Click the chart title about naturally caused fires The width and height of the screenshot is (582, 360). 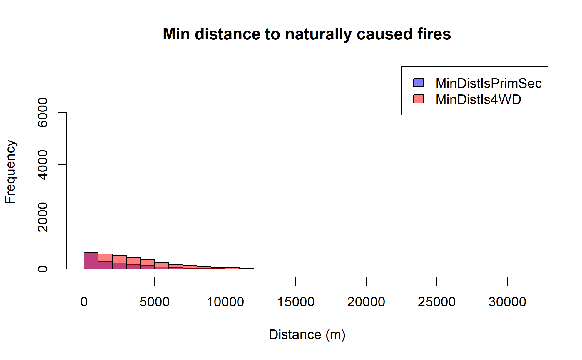pyautogui.click(x=307, y=34)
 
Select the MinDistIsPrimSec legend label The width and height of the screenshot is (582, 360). pyautogui.click(x=489, y=83)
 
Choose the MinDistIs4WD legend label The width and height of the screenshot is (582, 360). pyautogui.click(x=478, y=99)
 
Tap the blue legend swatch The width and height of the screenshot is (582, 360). pyautogui.click(x=418, y=83)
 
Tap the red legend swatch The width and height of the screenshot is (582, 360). pyautogui.click(x=418, y=99)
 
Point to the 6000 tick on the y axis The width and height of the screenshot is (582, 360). pyautogui.click(x=43, y=112)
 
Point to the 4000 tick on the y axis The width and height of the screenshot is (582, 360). pyautogui.click(x=43, y=165)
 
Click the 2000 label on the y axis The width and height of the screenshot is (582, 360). pyautogui.click(x=43, y=217)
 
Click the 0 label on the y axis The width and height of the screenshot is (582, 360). pyautogui.click(x=43, y=269)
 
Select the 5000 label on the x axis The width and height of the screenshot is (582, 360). pyautogui.click(x=155, y=302)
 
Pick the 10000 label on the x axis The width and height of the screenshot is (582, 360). pyautogui.click(x=225, y=302)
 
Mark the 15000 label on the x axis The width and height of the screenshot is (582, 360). pyautogui.click(x=296, y=302)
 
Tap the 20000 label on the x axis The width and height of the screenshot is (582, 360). pyautogui.click(x=366, y=302)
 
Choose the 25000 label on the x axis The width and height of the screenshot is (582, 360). pyautogui.click(x=437, y=302)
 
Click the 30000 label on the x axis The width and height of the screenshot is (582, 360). pyautogui.click(x=507, y=302)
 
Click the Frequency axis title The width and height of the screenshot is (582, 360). pyautogui.click(x=11, y=172)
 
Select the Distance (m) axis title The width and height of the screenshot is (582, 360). pyautogui.click(x=307, y=335)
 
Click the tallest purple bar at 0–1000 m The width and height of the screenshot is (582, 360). pyautogui.click(x=91, y=261)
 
